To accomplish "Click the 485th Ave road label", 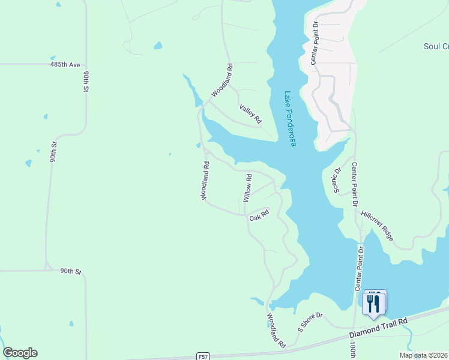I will [x=65, y=64].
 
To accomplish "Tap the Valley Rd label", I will [x=251, y=113].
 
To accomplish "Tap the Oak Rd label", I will [x=259, y=215].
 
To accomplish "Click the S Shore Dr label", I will [x=310, y=322].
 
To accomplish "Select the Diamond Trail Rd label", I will [x=379, y=329].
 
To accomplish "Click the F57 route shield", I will [x=204, y=356].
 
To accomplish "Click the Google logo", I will [x=20, y=353].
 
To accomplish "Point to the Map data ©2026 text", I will [x=424, y=355].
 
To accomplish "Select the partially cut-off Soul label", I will [x=436, y=46].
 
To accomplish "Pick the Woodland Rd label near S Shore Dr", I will [x=276, y=330].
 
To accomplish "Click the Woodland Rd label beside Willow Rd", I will [x=205, y=180].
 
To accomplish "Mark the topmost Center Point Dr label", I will [x=313, y=42].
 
